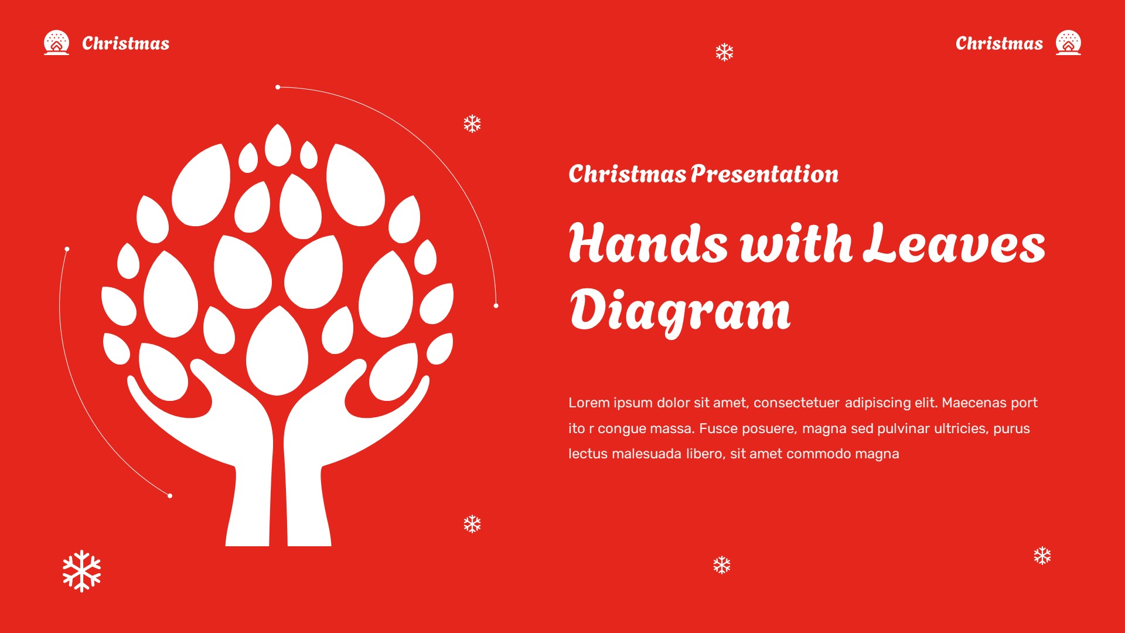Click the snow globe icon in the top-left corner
[x=56, y=43]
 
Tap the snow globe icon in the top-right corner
[x=1068, y=43]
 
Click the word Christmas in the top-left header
[x=125, y=43]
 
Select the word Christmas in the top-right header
[x=999, y=43]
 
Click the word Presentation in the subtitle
[x=764, y=174]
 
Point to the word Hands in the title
[x=648, y=243]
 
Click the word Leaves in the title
[x=954, y=243]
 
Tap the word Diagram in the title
[x=680, y=311]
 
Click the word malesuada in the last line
[x=646, y=454]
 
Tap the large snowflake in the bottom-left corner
[x=81, y=571]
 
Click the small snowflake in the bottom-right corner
[x=1042, y=556]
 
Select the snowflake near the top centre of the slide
[x=724, y=53]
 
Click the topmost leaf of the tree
[x=278, y=144]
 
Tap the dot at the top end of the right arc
[x=278, y=87]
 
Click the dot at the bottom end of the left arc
[x=170, y=496]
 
